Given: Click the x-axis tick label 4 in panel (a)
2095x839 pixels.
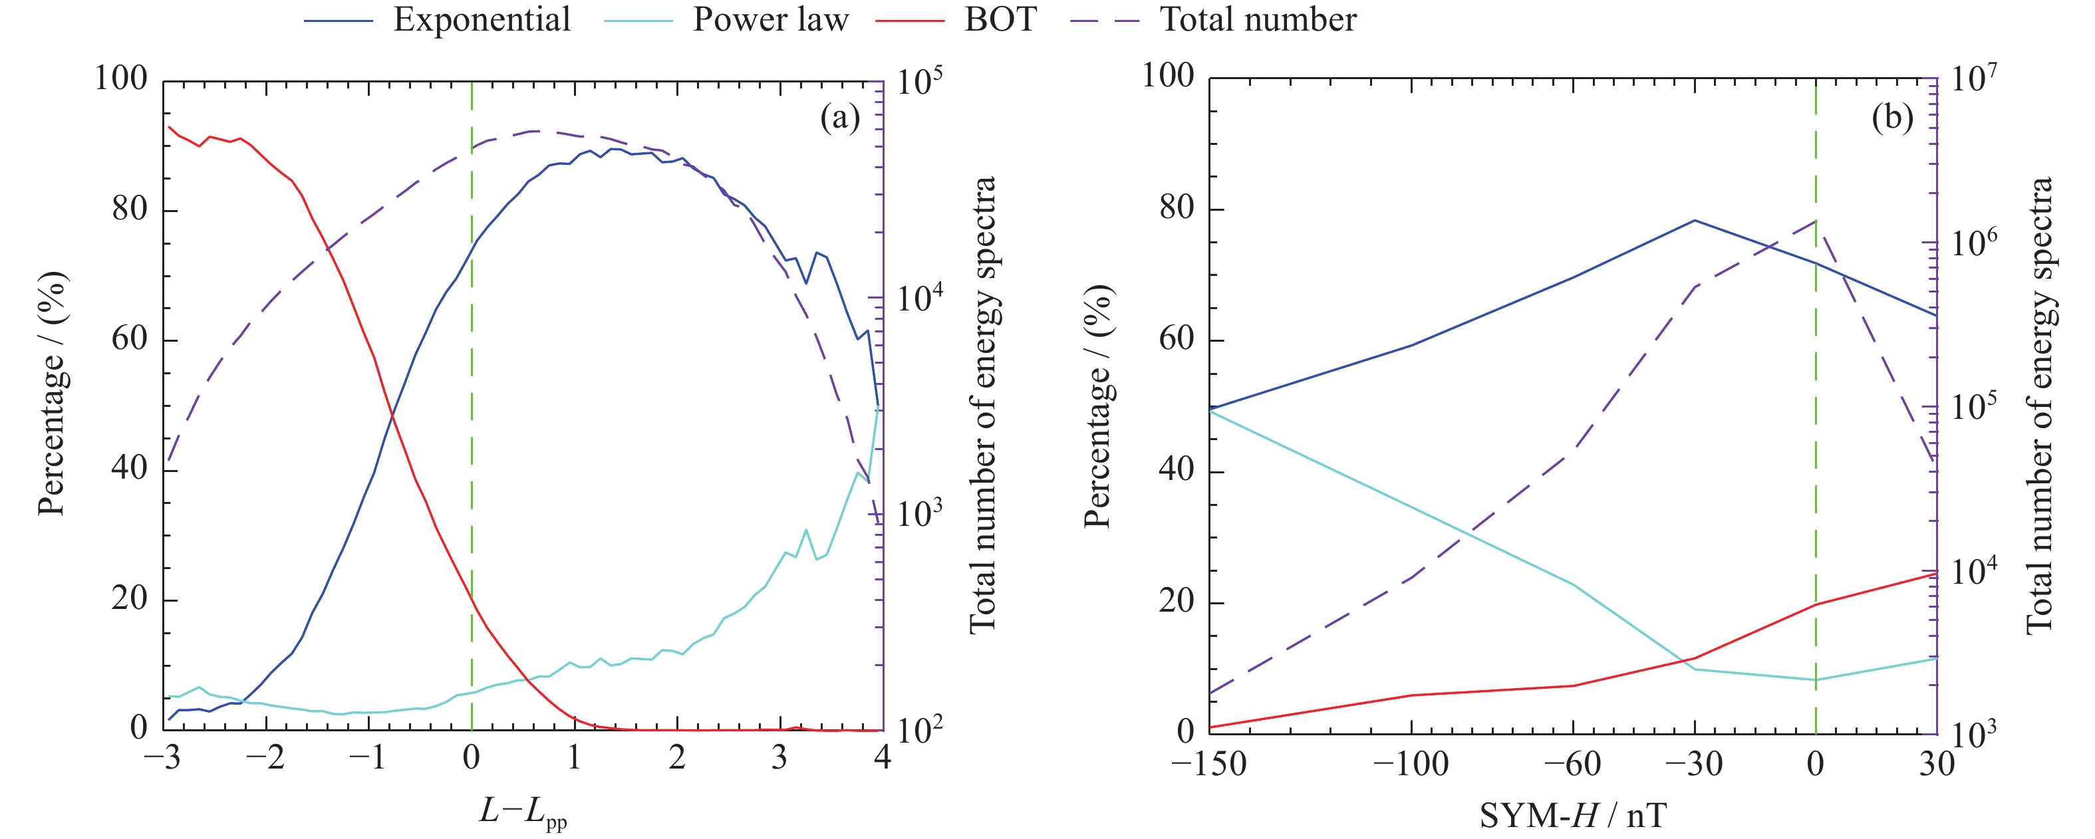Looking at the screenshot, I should point(883,759).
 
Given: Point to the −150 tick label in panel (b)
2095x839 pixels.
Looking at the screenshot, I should point(1208,764).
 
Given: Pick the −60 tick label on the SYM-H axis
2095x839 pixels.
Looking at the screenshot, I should point(1572,764).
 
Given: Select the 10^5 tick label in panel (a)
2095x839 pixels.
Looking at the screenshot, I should point(920,81).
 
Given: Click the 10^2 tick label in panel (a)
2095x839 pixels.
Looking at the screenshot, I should point(920,730).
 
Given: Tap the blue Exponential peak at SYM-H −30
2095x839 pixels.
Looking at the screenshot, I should point(1695,220).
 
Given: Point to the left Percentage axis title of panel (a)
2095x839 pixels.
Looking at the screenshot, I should point(52,394).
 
